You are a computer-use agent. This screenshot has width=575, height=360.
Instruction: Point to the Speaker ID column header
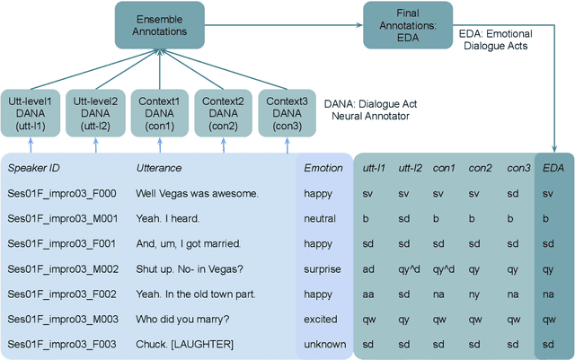33,168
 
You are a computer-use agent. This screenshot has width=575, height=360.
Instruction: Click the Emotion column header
323,168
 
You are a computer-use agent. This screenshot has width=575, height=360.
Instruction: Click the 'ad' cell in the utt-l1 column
368,268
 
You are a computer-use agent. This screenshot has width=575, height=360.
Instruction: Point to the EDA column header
554,168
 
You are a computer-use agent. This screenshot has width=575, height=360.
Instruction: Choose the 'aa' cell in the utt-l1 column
368,294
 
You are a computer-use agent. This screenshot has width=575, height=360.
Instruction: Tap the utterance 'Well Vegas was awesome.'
197,193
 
